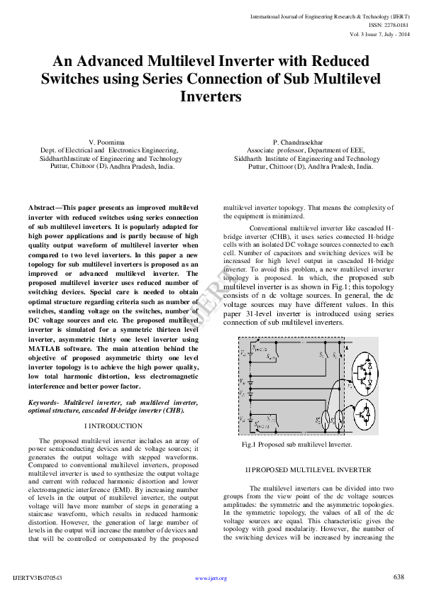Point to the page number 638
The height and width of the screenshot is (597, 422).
[399, 576]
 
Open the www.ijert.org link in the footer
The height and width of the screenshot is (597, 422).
[211, 579]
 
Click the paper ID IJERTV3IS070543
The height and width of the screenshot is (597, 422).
[38, 579]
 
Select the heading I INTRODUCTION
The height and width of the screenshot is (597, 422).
[113, 426]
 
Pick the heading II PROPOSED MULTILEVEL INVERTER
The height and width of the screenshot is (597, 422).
[308, 470]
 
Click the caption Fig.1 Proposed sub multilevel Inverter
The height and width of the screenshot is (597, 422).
[296, 445]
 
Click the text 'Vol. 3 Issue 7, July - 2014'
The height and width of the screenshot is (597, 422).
[379, 34]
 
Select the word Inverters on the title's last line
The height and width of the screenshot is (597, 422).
[211, 96]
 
